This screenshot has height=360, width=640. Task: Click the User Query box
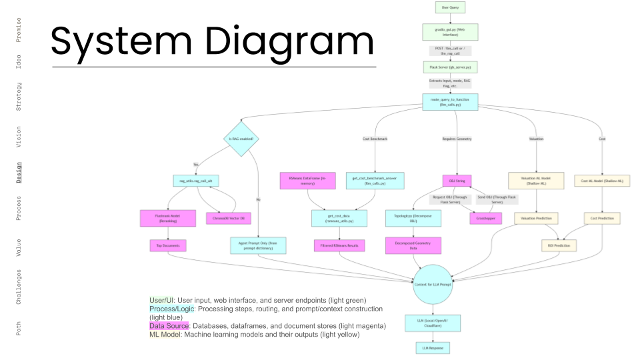pyautogui.click(x=449, y=7)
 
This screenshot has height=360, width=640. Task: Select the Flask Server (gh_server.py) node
pyautogui.click(x=449, y=67)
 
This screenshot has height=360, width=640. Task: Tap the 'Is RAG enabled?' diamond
pyautogui.click(x=241, y=139)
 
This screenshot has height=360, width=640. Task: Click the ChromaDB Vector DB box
pyautogui.click(x=228, y=218)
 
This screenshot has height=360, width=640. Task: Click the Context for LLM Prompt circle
pyautogui.click(x=432, y=285)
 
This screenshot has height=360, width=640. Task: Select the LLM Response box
pyautogui.click(x=432, y=348)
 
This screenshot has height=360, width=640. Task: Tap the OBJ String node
pyautogui.click(x=457, y=180)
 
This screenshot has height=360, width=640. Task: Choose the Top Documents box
pyautogui.click(x=168, y=245)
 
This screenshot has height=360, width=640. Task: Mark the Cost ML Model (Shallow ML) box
pyautogui.click(x=602, y=180)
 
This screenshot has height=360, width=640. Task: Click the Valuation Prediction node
pyautogui.click(x=536, y=218)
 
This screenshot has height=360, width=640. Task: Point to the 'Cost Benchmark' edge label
pyautogui.click(x=375, y=139)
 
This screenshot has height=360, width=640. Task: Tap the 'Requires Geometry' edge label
pyautogui.click(x=457, y=139)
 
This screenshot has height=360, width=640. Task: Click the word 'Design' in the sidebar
pyautogui.click(x=19, y=171)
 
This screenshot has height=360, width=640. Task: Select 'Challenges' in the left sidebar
pyautogui.click(x=19, y=286)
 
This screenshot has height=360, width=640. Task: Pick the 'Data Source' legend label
pyautogui.click(x=168, y=326)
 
